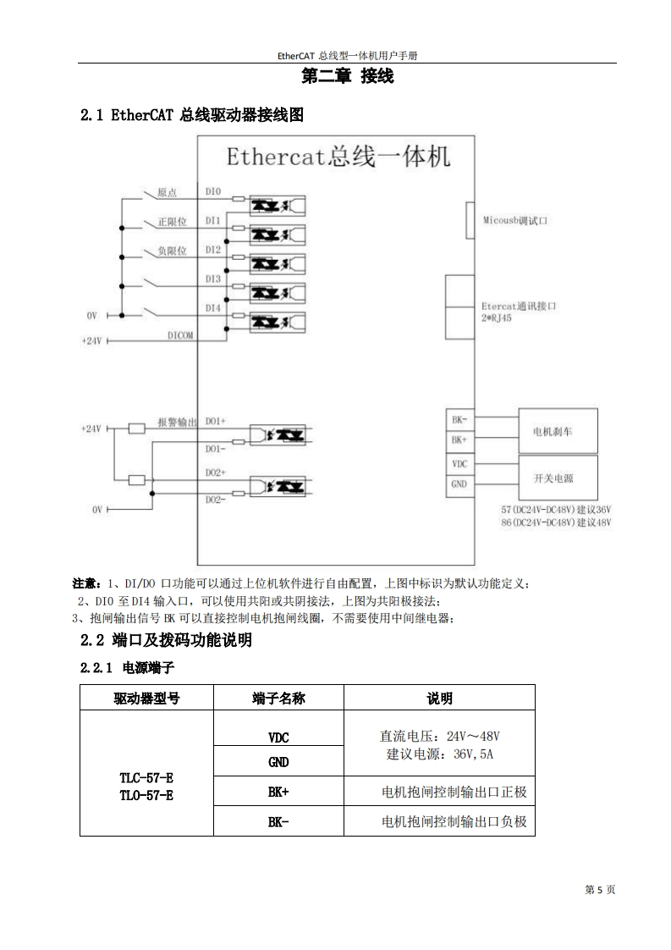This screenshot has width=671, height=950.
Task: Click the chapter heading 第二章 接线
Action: [348, 77]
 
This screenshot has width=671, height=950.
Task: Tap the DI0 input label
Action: [212, 192]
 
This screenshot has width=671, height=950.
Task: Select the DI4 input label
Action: [212, 308]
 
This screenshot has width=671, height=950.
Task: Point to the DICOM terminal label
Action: [179, 335]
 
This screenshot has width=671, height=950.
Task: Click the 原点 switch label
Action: [167, 192]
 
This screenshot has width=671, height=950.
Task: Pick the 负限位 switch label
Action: [172, 251]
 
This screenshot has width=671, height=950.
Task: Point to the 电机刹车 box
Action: [553, 431]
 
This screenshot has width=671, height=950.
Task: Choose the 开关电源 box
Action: [553, 478]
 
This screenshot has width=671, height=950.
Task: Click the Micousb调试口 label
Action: [516, 220]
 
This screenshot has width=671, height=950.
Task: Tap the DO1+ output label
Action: [216, 421]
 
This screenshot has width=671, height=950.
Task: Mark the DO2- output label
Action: [216, 500]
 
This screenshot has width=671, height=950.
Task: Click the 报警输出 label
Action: [177, 421]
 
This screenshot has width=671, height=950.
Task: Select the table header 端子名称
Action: [278, 698]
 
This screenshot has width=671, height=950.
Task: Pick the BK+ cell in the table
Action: [278, 793]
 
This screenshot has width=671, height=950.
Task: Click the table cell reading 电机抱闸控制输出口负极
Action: [454, 822]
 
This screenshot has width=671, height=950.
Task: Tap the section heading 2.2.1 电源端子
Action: [127, 668]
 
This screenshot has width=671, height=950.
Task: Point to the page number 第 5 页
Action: [600, 890]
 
